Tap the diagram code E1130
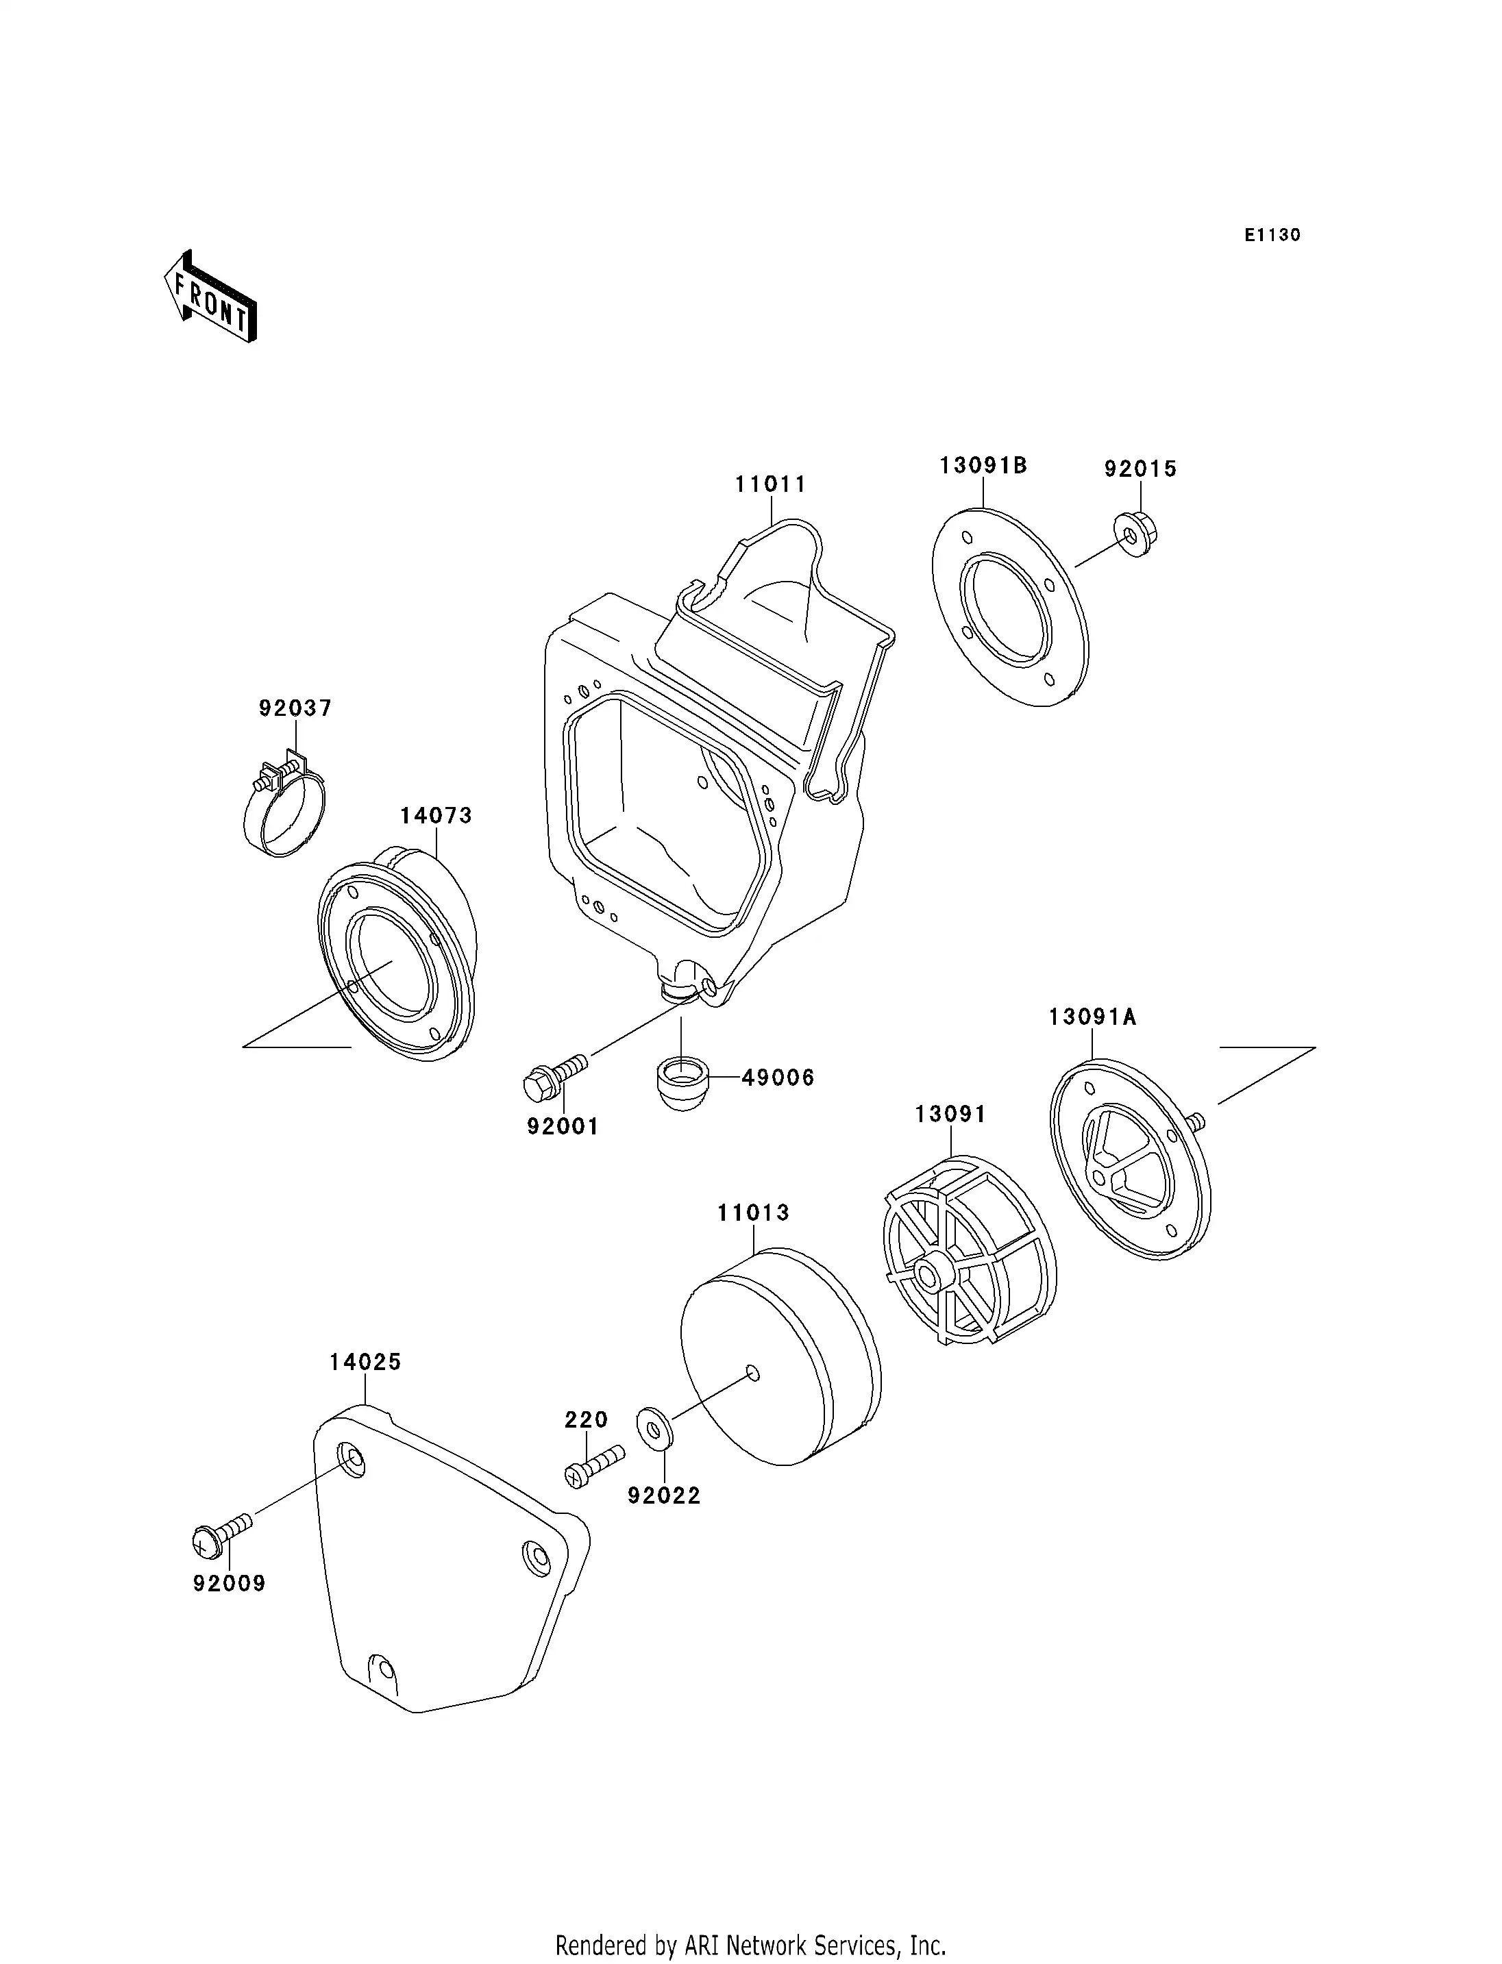[x=1272, y=235]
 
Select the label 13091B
[x=983, y=466]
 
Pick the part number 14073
[x=435, y=815]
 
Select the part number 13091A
[x=1092, y=1017]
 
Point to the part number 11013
[x=753, y=1213]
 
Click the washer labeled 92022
[x=654, y=1428]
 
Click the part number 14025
[x=365, y=1363]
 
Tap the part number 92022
[x=663, y=1495]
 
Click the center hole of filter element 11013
[x=753, y=1372]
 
